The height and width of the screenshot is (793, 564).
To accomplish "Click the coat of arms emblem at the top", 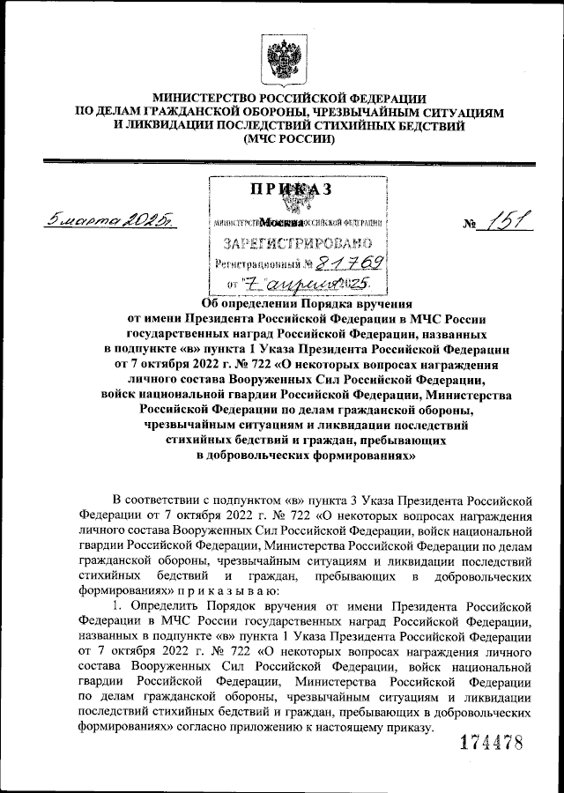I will point(281,58).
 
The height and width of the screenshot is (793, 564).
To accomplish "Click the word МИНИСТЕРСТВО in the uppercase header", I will point(209,99).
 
